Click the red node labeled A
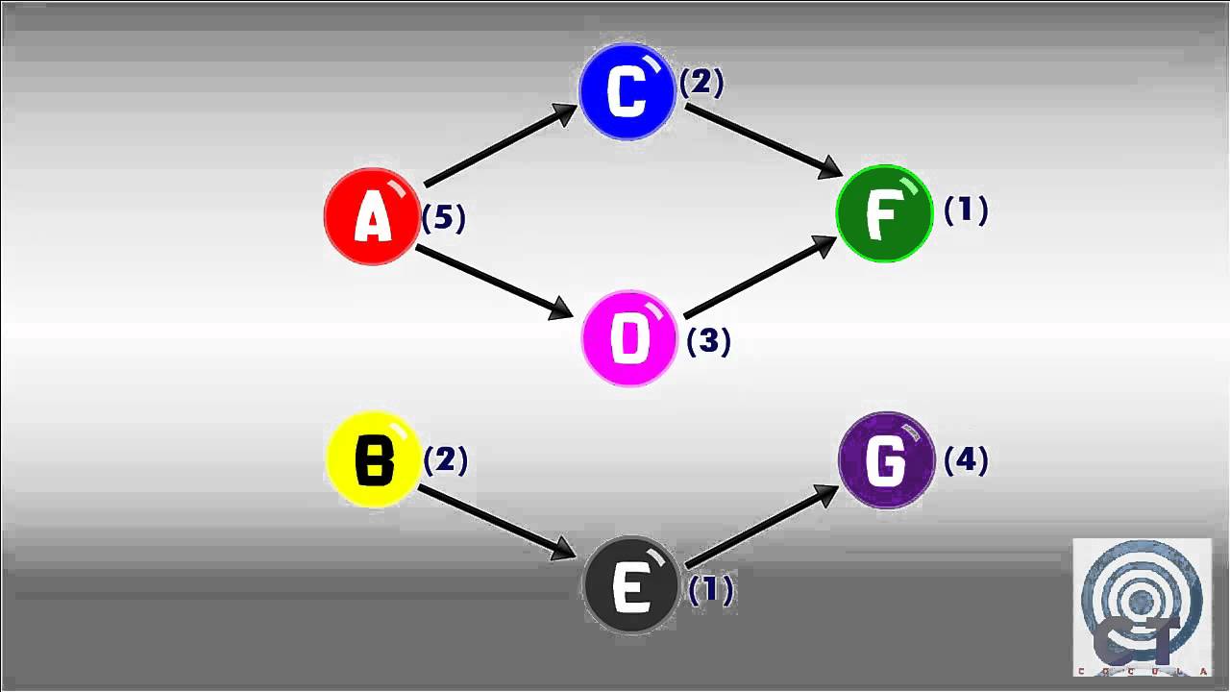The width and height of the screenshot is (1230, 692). click(372, 216)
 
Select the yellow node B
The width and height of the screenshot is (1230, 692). click(374, 459)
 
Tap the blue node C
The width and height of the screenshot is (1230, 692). click(627, 91)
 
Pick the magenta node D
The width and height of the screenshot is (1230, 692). click(629, 338)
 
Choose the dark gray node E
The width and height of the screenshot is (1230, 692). click(631, 585)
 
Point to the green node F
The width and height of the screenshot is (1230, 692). click(884, 213)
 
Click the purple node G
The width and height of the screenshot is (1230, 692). click(886, 460)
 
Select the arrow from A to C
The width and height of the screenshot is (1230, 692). click(499, 145)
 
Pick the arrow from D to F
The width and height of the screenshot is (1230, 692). click(760, 277)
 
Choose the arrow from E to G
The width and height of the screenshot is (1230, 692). click(762, 525)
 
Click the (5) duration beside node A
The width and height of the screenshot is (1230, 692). click(444, 218)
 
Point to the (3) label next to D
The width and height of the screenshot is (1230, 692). click(709, 341)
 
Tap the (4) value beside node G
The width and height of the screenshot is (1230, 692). click(966, 460)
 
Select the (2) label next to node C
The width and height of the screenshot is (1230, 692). click(701, 83)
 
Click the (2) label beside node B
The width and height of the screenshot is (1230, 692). click(446, 460)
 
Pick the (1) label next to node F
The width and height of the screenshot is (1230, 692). click(966, 210)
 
